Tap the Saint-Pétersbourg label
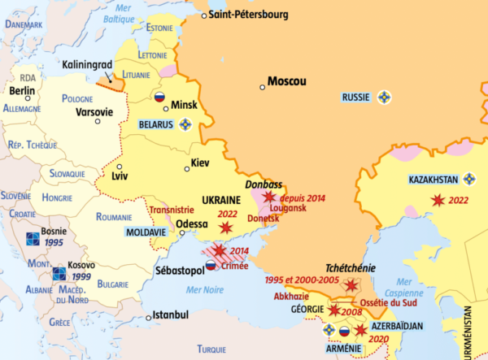[x=247, y=15]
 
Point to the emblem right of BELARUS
[x=185, y=124]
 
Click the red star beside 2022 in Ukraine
[x=226, y=228]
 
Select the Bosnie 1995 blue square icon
[x=32, y=236]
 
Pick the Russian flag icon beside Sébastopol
[x=210, y=266]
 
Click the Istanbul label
[x=171, y=314]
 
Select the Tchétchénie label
[x=350, y=267]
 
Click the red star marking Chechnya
[x=351, y=285]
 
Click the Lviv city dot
[x=118, y=166]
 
